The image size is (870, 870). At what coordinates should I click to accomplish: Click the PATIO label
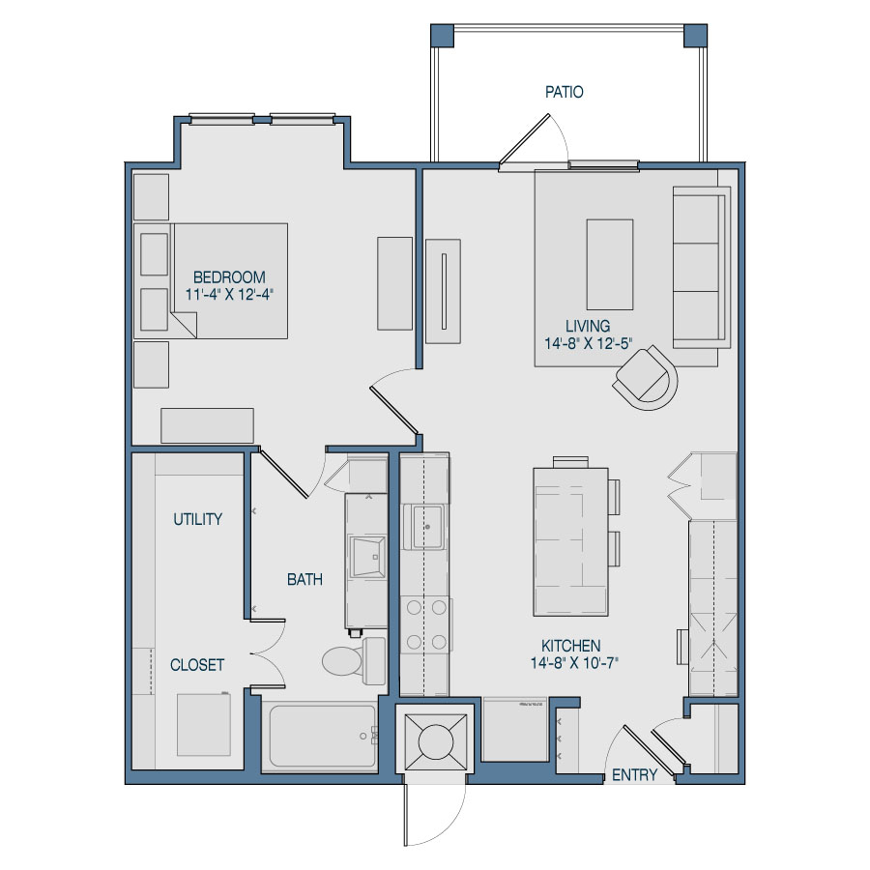pos(564,93)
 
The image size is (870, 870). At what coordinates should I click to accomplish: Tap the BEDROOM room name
pos(228,276)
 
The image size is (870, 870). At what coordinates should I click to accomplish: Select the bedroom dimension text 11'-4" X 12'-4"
pos(228,294)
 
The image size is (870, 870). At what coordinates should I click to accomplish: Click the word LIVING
pos(588,326)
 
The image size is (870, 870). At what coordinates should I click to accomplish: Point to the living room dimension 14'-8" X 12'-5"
pos(588,343)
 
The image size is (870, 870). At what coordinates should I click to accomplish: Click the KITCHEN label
pos(571,646)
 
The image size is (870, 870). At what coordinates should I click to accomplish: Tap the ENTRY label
pos(635,774)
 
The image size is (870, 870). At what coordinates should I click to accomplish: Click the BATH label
pos(304,580)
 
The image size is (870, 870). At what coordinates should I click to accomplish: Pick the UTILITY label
pos(198,519)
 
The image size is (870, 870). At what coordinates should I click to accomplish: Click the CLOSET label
pos(197,665)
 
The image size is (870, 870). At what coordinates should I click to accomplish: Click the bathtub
pos(320,737)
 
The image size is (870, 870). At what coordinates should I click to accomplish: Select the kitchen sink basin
pos(427,526)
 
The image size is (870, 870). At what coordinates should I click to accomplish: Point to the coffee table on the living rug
pos(610,263)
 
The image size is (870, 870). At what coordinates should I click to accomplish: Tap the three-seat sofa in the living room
pos(699,267)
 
